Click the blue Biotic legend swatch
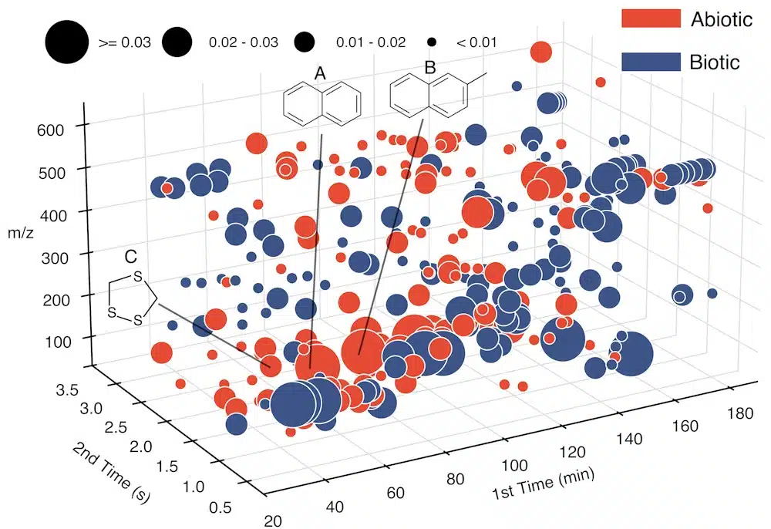pos(651,62)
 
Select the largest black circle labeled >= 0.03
pos(66,42)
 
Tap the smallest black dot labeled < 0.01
pos(433,42)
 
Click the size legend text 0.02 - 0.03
pos(244,42)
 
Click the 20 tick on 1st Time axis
pos(271,521)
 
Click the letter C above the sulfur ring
pos(131,255)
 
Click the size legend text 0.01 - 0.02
pos(371,42)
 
